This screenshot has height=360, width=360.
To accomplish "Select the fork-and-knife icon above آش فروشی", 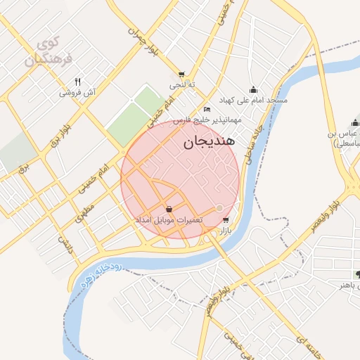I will click(x=77, y=82).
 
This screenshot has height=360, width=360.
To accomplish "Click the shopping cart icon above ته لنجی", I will click(x=182, y=75).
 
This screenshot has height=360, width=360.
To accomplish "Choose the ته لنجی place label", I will click(x=182, y=85).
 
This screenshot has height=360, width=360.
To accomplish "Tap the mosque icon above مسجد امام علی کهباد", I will click(x=253, y=89).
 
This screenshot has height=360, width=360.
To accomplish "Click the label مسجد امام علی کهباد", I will click(x=255, y=101).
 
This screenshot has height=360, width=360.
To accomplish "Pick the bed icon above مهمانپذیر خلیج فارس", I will click(x=206, y=110).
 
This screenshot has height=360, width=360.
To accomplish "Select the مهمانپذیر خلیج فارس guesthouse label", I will click(x=210, y=120).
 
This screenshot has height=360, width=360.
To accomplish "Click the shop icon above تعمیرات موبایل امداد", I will click(x=169, y=209).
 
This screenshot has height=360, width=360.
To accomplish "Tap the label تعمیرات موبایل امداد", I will click(x=169, y=220).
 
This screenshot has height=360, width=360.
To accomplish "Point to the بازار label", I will click(x=226, y=231).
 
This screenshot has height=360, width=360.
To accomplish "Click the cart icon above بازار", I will click(x=225, y=220).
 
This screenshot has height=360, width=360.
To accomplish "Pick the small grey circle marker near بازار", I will click(x=219, y=208).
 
